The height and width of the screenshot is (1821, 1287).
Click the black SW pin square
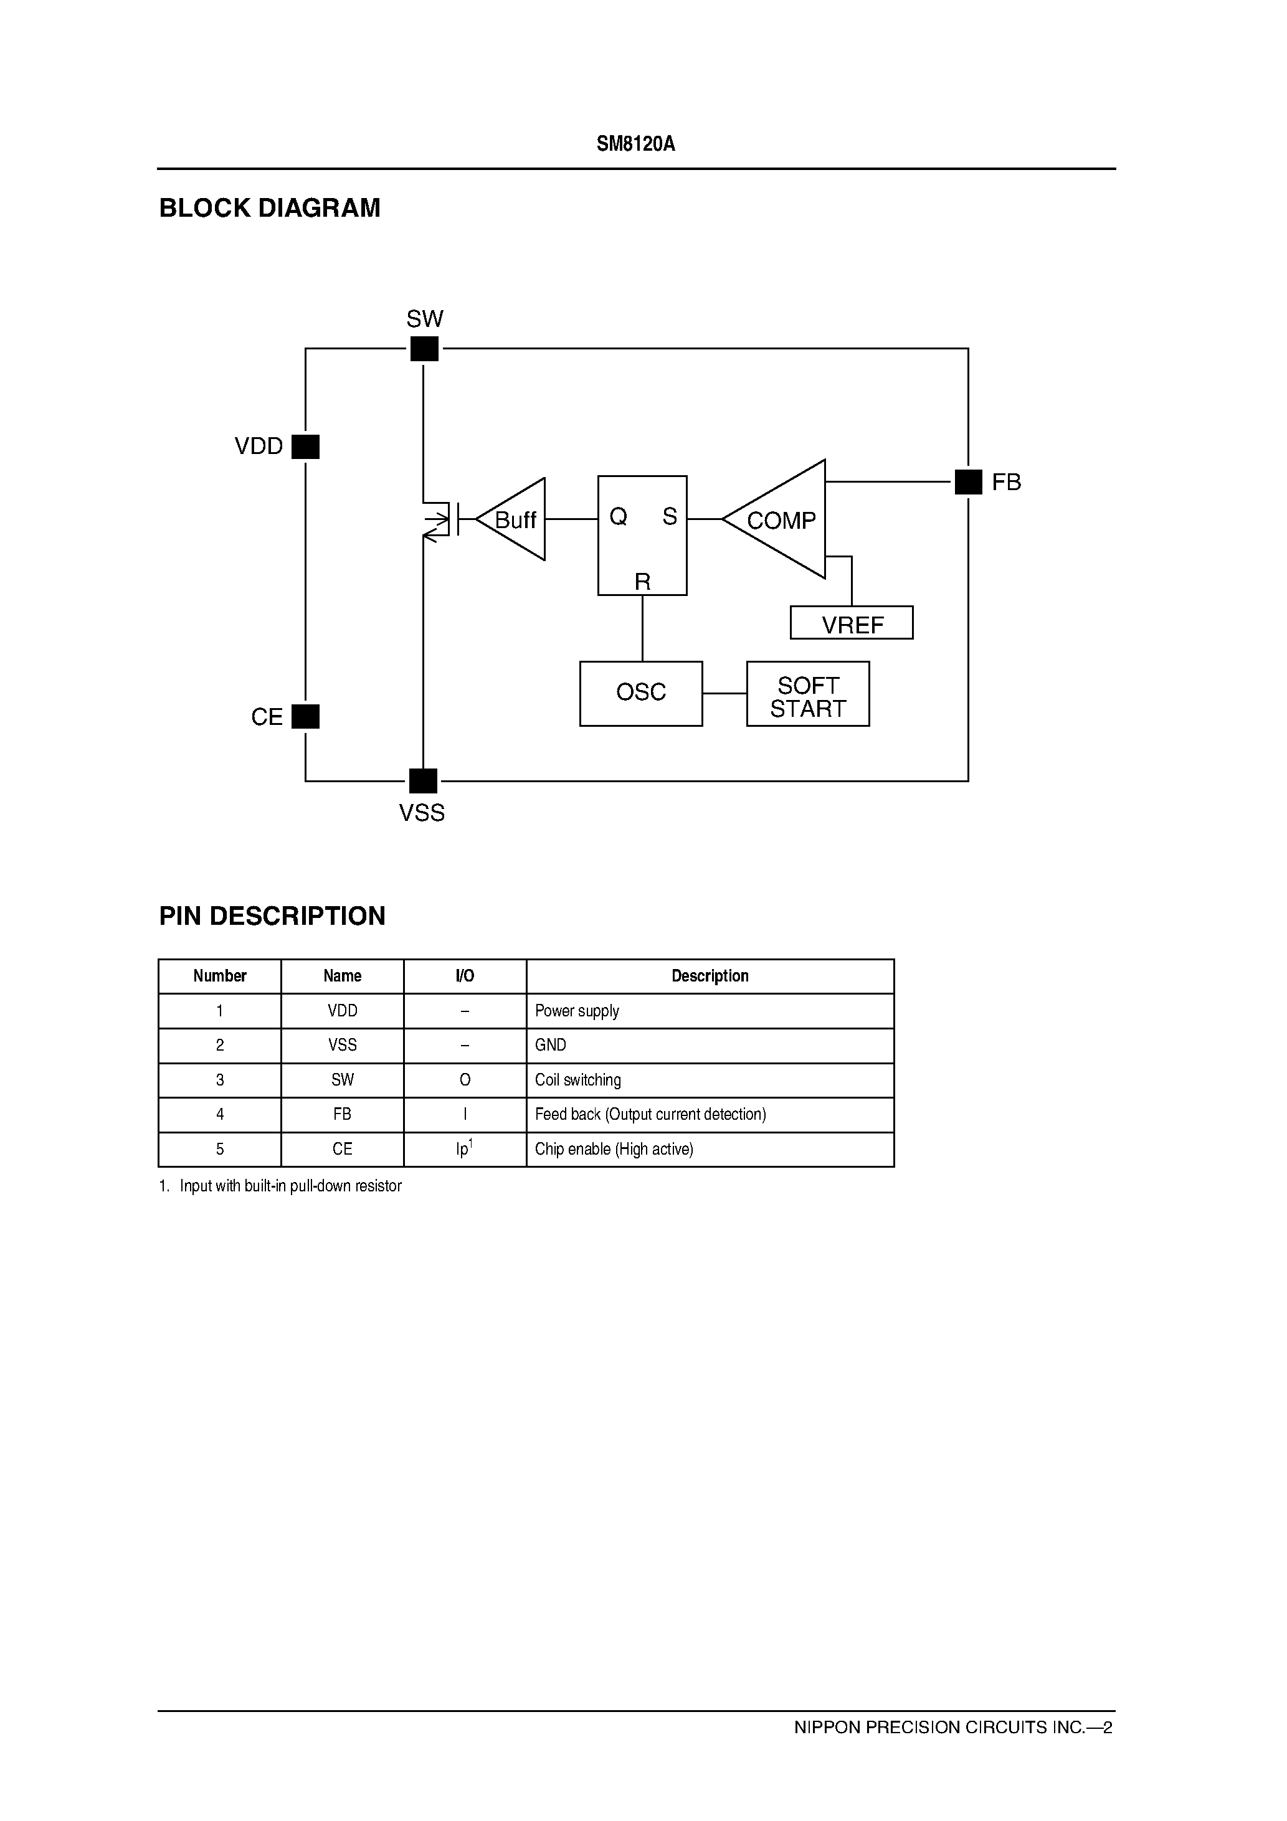click(424, 349)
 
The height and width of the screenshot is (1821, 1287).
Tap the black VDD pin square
click(305, 447)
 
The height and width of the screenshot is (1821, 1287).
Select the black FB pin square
click(968, 481)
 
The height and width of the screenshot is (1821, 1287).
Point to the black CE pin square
click(305, 716)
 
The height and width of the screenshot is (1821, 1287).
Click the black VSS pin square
click(423, 781)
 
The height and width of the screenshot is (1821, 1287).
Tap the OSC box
click(641, 693)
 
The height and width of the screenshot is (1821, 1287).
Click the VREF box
click(852, 623)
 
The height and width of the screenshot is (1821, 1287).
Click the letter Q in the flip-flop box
click(618, 517)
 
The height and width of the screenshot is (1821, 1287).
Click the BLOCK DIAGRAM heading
click(270, 208)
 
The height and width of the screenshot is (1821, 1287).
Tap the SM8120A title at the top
click(635, 144)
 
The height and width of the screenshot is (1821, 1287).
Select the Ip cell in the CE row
click(464, 1148)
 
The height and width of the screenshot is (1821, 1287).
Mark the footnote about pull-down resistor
click(281, 1186)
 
